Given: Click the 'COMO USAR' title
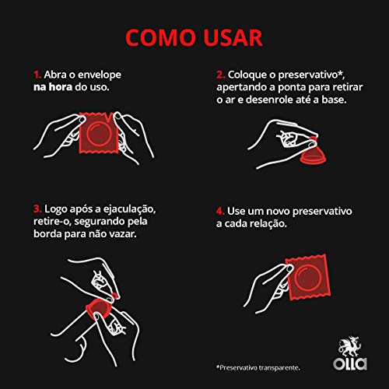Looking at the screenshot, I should [x=194, y=37].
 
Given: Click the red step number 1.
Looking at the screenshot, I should [x=37, y=75].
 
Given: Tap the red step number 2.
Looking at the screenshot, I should [x=219, y=75].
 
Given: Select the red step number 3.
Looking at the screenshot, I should [x=37, y=209].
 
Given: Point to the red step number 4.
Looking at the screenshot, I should [x=220, y=210].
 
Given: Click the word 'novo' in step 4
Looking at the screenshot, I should [x=280, y=210].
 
